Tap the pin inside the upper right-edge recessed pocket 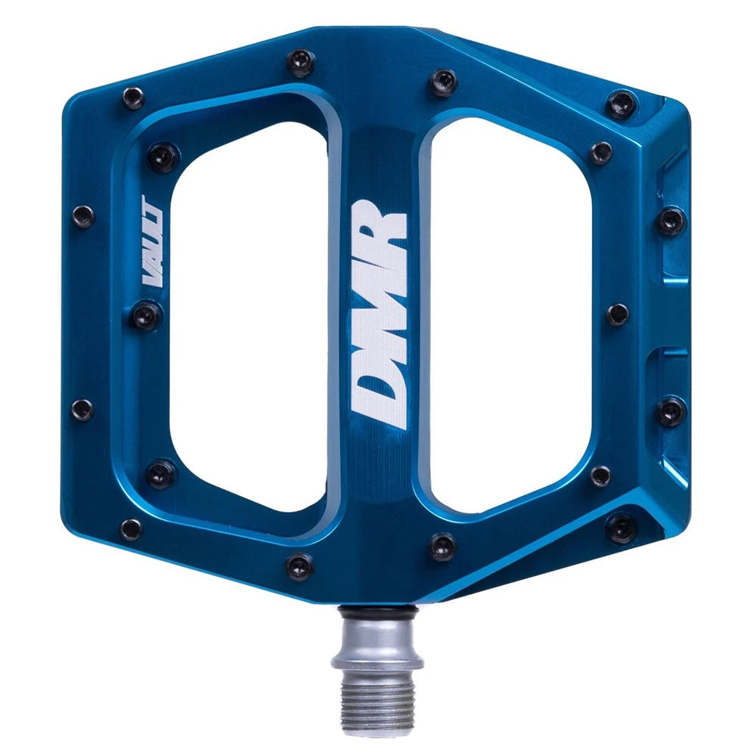(670, 222)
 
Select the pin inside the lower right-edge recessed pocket (670, 411)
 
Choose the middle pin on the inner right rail (618, 314)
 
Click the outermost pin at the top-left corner (133, 98)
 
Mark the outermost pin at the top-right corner (622, 104)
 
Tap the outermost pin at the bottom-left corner (131, 528)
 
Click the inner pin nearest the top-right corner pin (601, 153)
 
